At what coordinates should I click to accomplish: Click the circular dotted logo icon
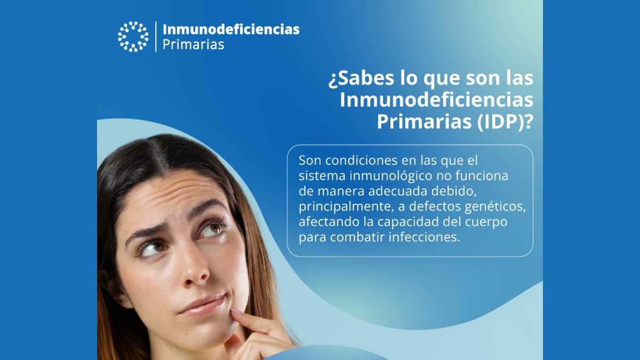[133, 36]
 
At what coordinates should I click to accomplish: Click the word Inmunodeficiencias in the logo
[230, 29]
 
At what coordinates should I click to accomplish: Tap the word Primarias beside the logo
[193, 45]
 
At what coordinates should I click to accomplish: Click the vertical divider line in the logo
[156, 36]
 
